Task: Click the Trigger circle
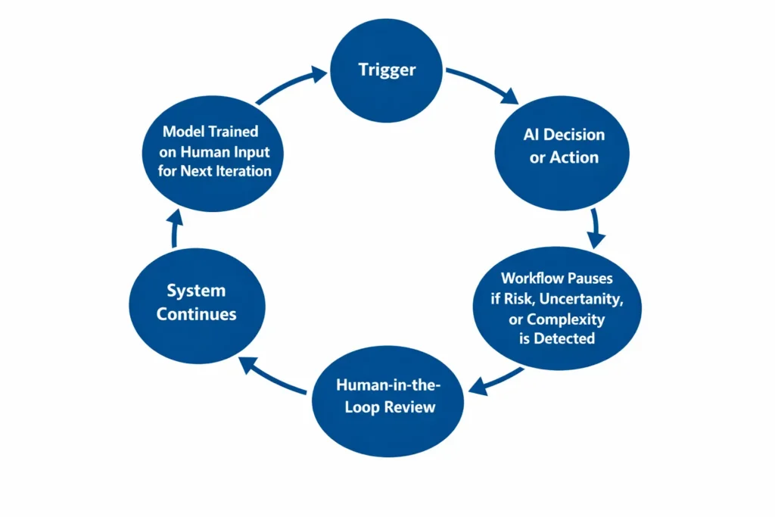(x=387, y=70)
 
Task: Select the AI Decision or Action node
(x=564, y=146)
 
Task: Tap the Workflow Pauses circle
(x=557, y=309)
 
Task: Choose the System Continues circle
(x=197, y=302)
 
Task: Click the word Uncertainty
(x=584, y=298)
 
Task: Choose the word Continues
(x=197, y=313)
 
